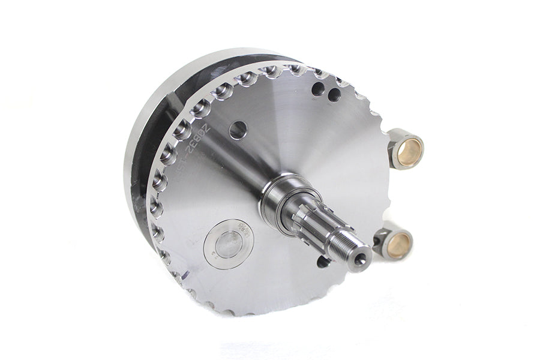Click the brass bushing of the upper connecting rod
tap(410, 149)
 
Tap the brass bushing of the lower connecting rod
tap(399, 243)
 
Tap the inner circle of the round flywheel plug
tap(229, 244)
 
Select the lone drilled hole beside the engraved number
tap(238, 130)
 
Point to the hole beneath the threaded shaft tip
tap(323, 262)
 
